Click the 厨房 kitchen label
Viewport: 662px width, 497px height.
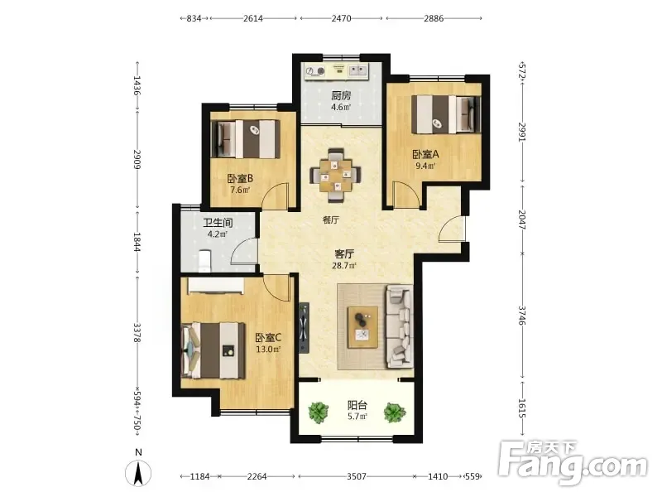click(x=341, y=95)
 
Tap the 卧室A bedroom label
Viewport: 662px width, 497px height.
click(x=425, y=154)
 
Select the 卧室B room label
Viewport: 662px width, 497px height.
click(x=240, y=179)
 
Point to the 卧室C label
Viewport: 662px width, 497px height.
click(x=268, y=338)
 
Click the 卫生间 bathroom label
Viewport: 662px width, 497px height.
click(x=218, y=223)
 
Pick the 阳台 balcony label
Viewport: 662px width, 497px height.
click(x=357, y=405)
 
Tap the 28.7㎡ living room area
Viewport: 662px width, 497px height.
click(x=344, y=266)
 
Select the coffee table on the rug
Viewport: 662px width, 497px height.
click(x=362, y=327)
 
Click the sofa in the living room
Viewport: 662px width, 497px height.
click(x=399, y=326)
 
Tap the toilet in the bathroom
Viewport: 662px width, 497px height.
click(x=204, y=261)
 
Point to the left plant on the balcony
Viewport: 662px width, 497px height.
click(x=319, y=412)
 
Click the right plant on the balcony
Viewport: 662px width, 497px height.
click(x=395, y=412)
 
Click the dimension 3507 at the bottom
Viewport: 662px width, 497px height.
click(x=357, y=477)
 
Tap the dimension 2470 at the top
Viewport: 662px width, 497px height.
click(x=341, y=18)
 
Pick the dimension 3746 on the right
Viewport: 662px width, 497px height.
click(x=522, y=316)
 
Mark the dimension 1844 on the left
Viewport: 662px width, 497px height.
click(x=137, y=242)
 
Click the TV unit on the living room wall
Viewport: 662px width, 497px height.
click(x=304, y=327)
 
